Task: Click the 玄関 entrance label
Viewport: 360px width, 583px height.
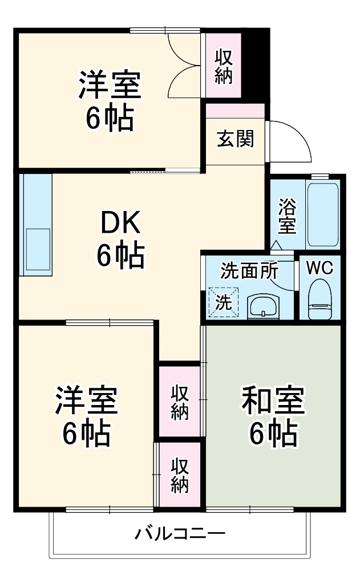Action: (235, 139)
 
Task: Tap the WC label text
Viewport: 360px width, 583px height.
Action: (319, 268)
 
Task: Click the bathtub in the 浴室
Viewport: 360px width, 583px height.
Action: (323, 214)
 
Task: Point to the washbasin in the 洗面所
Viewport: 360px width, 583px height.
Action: (263, 306)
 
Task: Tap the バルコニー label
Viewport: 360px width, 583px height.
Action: (180, 535)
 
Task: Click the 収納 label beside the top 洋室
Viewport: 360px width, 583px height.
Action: (224, 67)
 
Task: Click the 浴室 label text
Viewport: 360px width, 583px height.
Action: (287, 216)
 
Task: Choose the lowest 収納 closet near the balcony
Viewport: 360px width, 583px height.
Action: (180, 475)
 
